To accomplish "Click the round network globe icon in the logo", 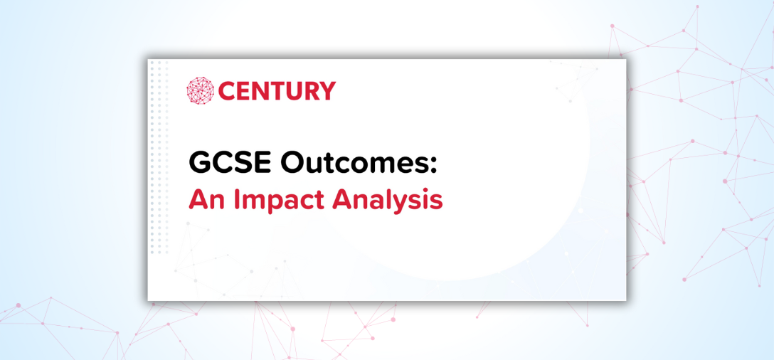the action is (200, 90).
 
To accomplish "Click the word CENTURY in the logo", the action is (277, 91).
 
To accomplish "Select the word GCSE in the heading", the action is (229, 162).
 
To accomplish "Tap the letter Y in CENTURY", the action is (327, 91).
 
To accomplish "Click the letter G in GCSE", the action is (199, 162).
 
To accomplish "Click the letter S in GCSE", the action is (242, 162).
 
